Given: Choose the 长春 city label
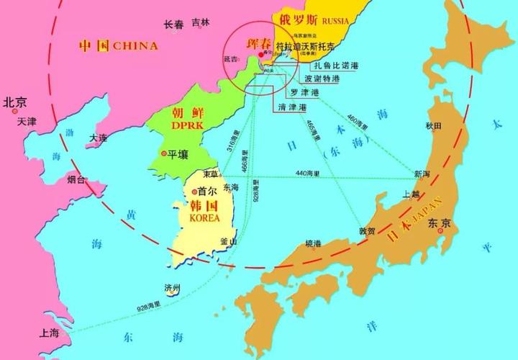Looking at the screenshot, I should (x=173, y=24).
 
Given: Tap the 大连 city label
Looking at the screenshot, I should (x=98, y=138).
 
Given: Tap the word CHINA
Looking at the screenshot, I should (x=134, y=45).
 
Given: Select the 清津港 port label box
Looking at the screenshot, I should (x=291, y=107).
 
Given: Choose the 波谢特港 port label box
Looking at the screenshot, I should (x=322, y=79).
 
